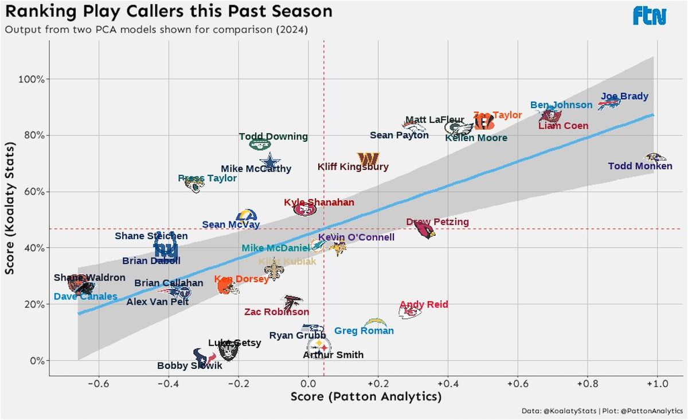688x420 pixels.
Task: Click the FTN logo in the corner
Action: [650, 15]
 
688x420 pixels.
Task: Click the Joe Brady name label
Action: [624, 96]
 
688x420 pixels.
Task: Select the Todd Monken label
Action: [640, 166]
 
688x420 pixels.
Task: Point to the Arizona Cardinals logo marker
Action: [425, 231]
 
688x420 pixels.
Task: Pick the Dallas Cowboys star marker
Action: [268, 160]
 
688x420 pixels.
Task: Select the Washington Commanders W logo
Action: [368, 158]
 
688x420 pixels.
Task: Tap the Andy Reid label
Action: [424, 305]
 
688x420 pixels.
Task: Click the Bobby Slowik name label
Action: [189, 365]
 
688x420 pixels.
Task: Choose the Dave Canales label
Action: [85, 297]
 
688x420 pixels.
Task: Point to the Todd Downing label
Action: [273, 137]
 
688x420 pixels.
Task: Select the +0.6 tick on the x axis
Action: [517, 383]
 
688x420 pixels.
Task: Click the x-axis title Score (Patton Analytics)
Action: [366, 397]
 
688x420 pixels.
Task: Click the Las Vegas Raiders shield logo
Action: [228, 349]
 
